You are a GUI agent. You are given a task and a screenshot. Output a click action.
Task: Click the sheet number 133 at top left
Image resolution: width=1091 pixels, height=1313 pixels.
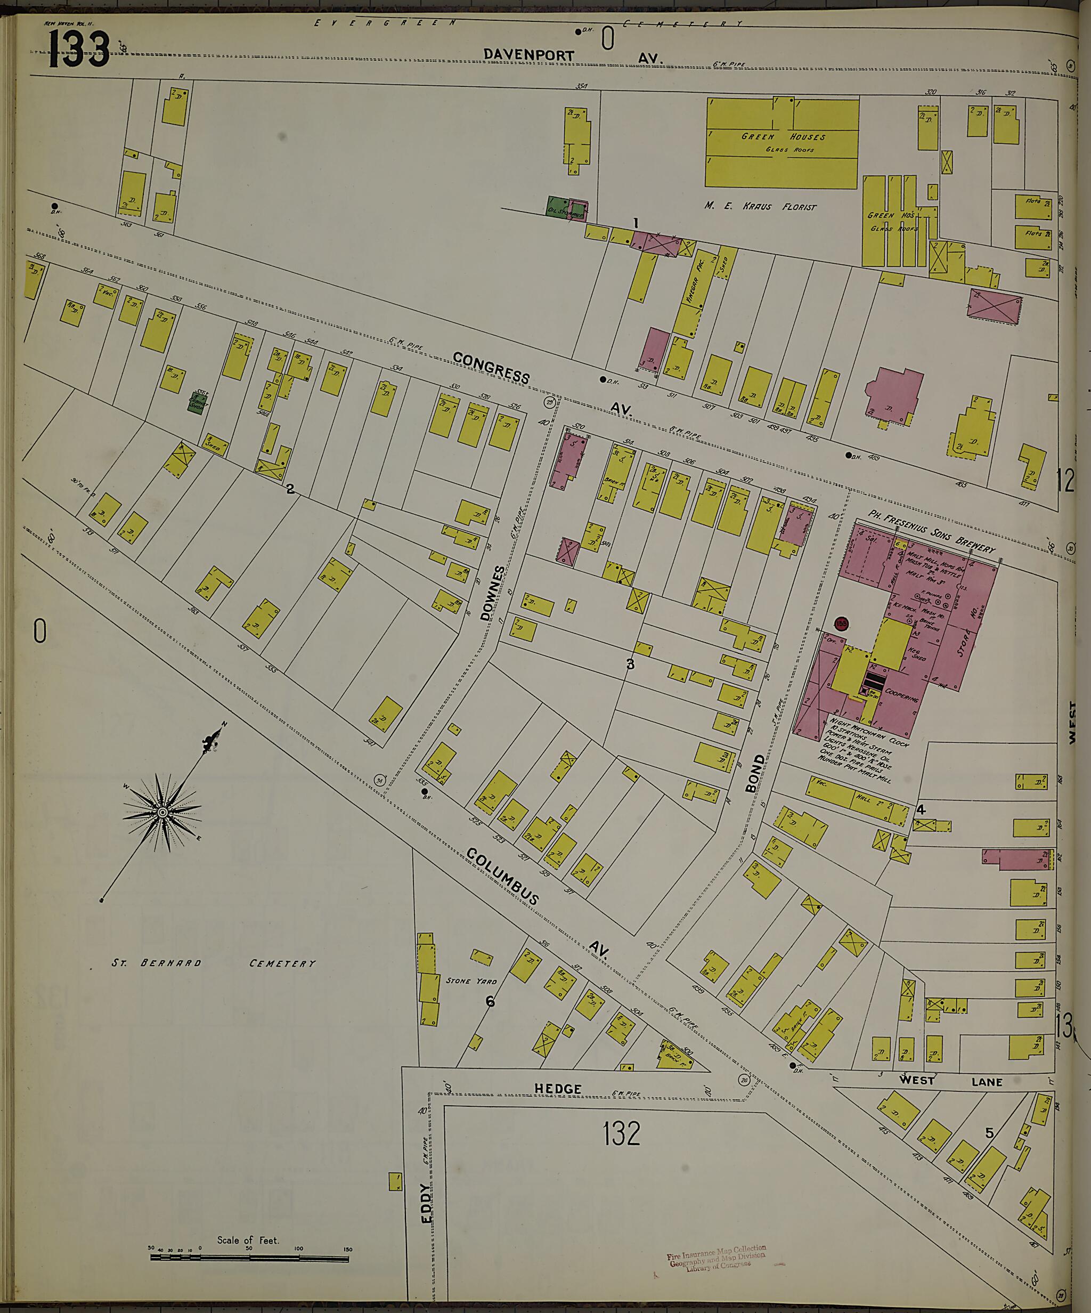[x=78, y=50]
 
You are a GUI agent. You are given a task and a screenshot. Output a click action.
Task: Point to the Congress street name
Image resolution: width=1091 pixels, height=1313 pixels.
[x=491, y=368]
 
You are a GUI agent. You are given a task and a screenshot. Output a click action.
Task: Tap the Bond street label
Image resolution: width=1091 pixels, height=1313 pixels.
[x=755, y=773]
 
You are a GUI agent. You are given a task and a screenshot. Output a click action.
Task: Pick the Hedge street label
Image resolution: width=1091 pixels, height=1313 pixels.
[x=558, y=1089]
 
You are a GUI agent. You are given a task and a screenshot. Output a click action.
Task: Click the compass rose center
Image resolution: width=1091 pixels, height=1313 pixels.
[x=162, y=812]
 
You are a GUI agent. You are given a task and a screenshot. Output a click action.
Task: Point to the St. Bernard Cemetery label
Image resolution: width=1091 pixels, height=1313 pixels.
[x=213, y=963]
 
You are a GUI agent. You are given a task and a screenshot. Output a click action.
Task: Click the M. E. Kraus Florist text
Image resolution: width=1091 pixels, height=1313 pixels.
[x=760, y=206]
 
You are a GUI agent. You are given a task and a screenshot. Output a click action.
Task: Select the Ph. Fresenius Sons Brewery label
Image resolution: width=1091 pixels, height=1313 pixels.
[x=932, y=530]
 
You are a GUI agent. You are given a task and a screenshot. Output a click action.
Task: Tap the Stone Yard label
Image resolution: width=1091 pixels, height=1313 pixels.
[x=471, y=980]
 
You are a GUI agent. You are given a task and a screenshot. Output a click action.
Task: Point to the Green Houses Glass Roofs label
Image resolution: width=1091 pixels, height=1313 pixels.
[x=783, y=140]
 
